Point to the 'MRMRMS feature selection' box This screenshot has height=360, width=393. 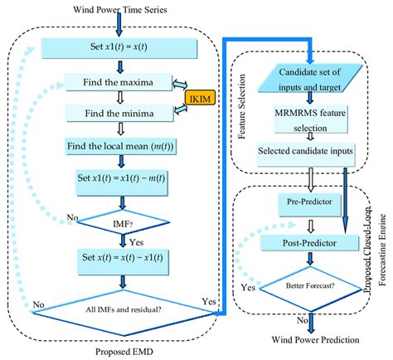point(311,122)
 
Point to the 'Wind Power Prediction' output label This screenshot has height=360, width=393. point(312,340)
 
